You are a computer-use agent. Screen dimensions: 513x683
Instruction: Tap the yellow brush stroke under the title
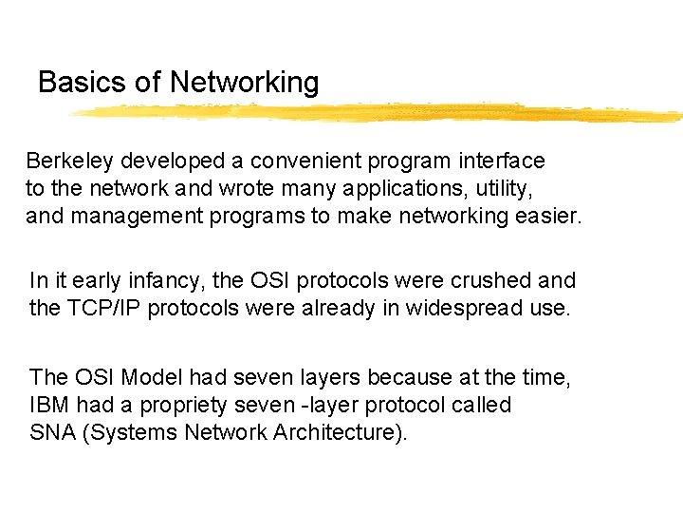click(x=379, y=112)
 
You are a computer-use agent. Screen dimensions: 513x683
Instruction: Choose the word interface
click(x=502, y=161)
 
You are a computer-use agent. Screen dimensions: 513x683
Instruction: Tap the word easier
click(x=547, y=217)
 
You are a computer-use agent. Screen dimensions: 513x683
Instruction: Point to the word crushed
click(x=487, y=281)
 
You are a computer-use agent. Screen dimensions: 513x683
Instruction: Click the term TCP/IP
click(x=106, y=309)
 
